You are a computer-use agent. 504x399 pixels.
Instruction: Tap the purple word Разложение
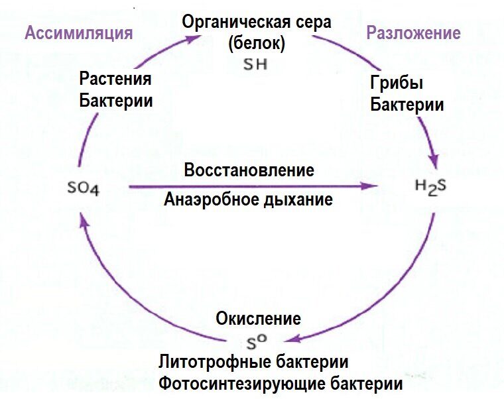[414, 33]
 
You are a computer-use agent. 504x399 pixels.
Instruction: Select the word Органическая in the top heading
[229, 21]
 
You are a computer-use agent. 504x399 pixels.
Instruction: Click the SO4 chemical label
[84, 189]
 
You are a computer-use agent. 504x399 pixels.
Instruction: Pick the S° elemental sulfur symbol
[256, 343]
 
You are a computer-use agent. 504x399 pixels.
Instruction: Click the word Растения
[115, 80]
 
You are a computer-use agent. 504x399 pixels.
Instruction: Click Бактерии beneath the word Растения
[116, 101]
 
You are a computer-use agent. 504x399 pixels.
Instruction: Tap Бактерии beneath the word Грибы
[407, 105]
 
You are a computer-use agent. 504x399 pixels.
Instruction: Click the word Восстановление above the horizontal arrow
[249, 170]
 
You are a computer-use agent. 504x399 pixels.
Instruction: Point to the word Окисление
[258, 319]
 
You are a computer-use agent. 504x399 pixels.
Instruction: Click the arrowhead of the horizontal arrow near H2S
[372, 187]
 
